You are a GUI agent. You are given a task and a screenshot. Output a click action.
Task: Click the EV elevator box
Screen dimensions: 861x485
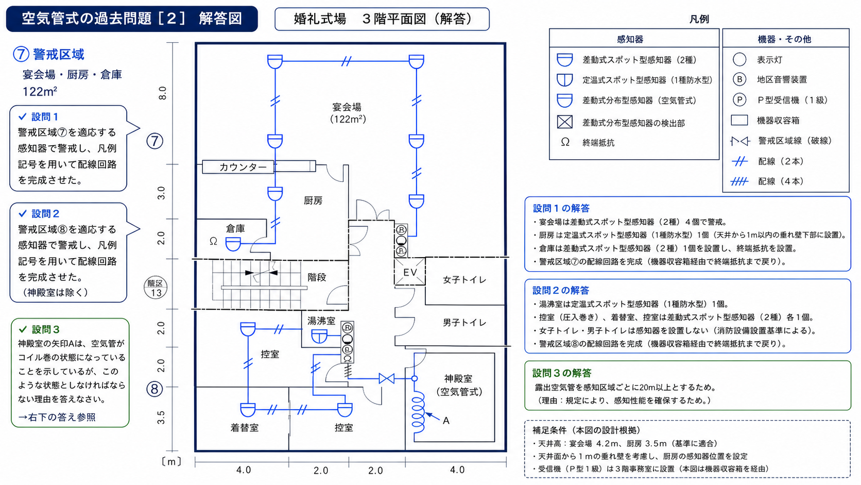tap(410, 272)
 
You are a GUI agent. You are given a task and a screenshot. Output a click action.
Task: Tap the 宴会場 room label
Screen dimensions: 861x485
tap(347, 107)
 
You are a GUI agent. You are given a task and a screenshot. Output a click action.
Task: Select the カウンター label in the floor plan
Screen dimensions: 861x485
tap(243, 167)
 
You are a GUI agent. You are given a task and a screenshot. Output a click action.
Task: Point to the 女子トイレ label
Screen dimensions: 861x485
tap(464, 280)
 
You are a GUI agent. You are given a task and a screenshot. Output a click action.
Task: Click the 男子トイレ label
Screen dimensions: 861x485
tap(464, 322)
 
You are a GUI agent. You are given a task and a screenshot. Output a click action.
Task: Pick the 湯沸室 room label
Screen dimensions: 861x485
tap(321, 321)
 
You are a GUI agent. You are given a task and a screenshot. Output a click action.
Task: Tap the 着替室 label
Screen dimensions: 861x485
tap(245, 428)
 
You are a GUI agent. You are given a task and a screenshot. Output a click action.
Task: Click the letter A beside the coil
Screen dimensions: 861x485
tap(446, 421)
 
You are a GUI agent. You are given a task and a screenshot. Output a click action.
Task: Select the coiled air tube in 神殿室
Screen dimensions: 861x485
tap(418, 412)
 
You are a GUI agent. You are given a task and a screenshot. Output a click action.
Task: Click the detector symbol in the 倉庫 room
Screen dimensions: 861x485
tap(233, 244)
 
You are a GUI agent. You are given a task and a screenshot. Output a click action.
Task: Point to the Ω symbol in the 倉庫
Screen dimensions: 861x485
tap(213, 241)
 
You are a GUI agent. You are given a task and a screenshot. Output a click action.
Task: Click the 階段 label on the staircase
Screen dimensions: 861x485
tap(317, 277)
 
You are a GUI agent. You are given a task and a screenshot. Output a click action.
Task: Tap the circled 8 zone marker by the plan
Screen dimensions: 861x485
tap(154, 389)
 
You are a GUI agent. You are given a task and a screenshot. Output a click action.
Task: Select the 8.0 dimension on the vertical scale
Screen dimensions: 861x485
tap(163, 93)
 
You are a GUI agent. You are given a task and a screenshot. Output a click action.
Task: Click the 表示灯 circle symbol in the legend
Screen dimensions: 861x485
tap(739, 60)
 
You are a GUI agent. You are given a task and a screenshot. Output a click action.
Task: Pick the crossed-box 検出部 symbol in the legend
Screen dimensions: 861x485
tap(565, 122)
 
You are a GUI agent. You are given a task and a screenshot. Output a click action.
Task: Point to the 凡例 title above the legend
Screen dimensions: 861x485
tap(699, 19)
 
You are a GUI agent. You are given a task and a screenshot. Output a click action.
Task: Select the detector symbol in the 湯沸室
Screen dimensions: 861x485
tap(319, 337)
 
